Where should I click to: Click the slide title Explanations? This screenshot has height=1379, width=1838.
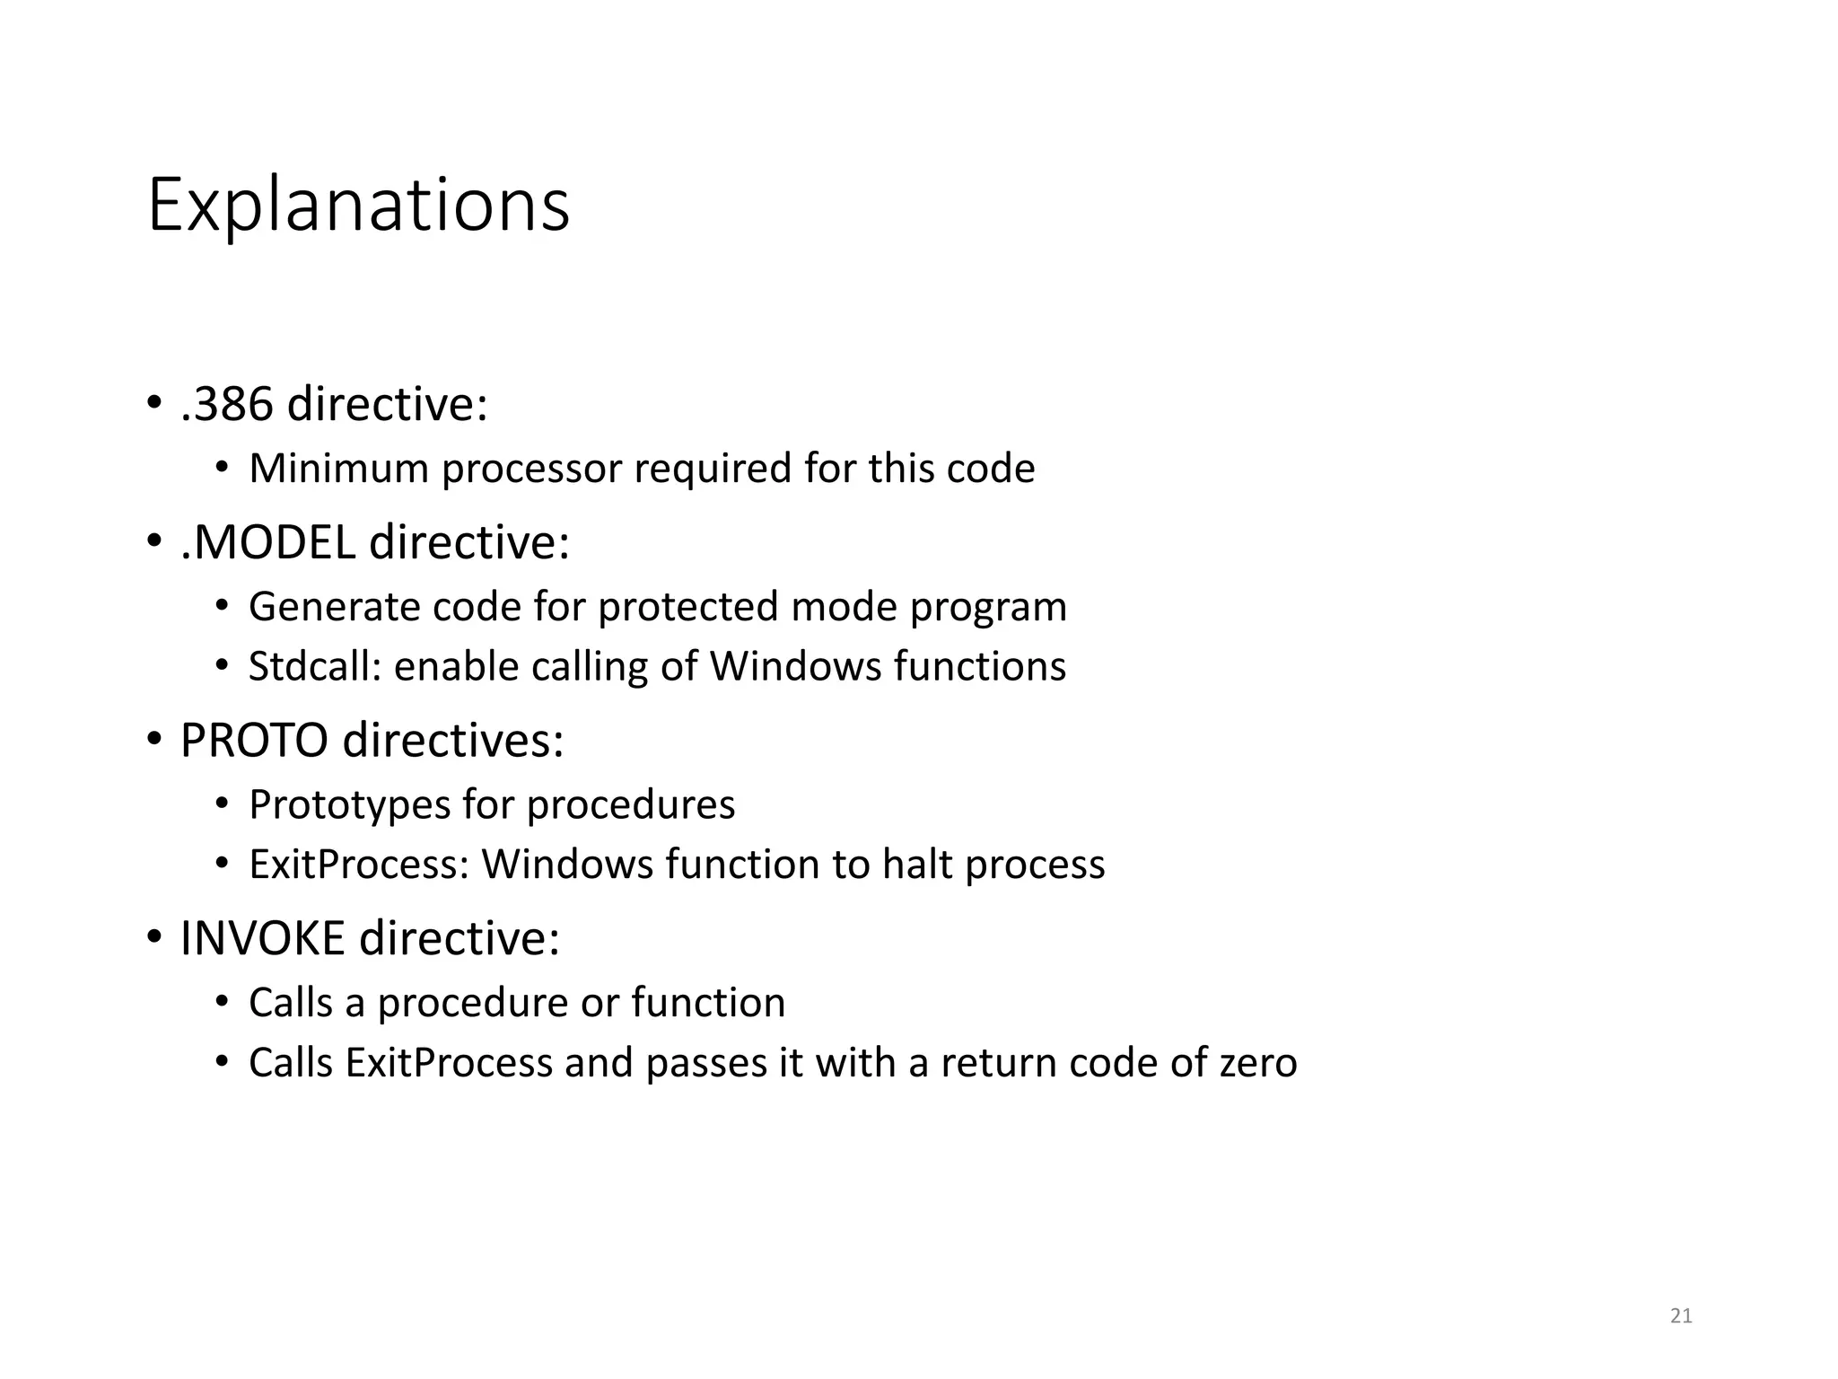click(358, 206)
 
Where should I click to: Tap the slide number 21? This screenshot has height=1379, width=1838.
click(1681, 1315)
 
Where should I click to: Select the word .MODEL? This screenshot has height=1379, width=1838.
click(267, 542)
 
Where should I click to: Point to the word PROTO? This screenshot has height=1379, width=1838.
click(254, 741)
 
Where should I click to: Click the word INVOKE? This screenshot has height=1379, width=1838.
click(262, 939)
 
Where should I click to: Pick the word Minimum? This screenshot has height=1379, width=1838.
click(338, 469)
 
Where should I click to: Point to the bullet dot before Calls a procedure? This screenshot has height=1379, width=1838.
click(223, 1001)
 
